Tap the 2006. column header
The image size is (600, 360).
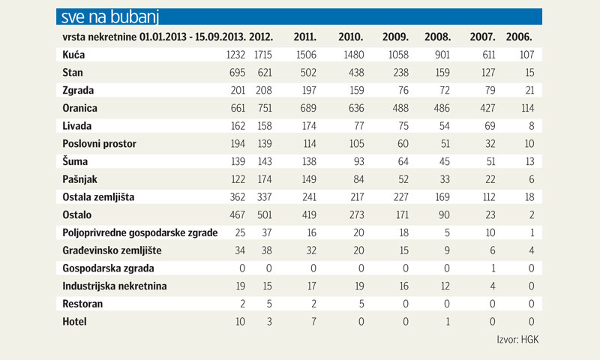[518, 36]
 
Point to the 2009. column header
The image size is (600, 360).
[395, 36]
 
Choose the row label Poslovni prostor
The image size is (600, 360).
[98, 143]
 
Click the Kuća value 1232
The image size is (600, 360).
[235, 55]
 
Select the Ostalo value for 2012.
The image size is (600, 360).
[263, 214]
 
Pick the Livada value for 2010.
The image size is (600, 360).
[354, 125]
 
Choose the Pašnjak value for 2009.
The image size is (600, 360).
[398, 179]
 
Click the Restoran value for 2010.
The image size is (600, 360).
[358, 304]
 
